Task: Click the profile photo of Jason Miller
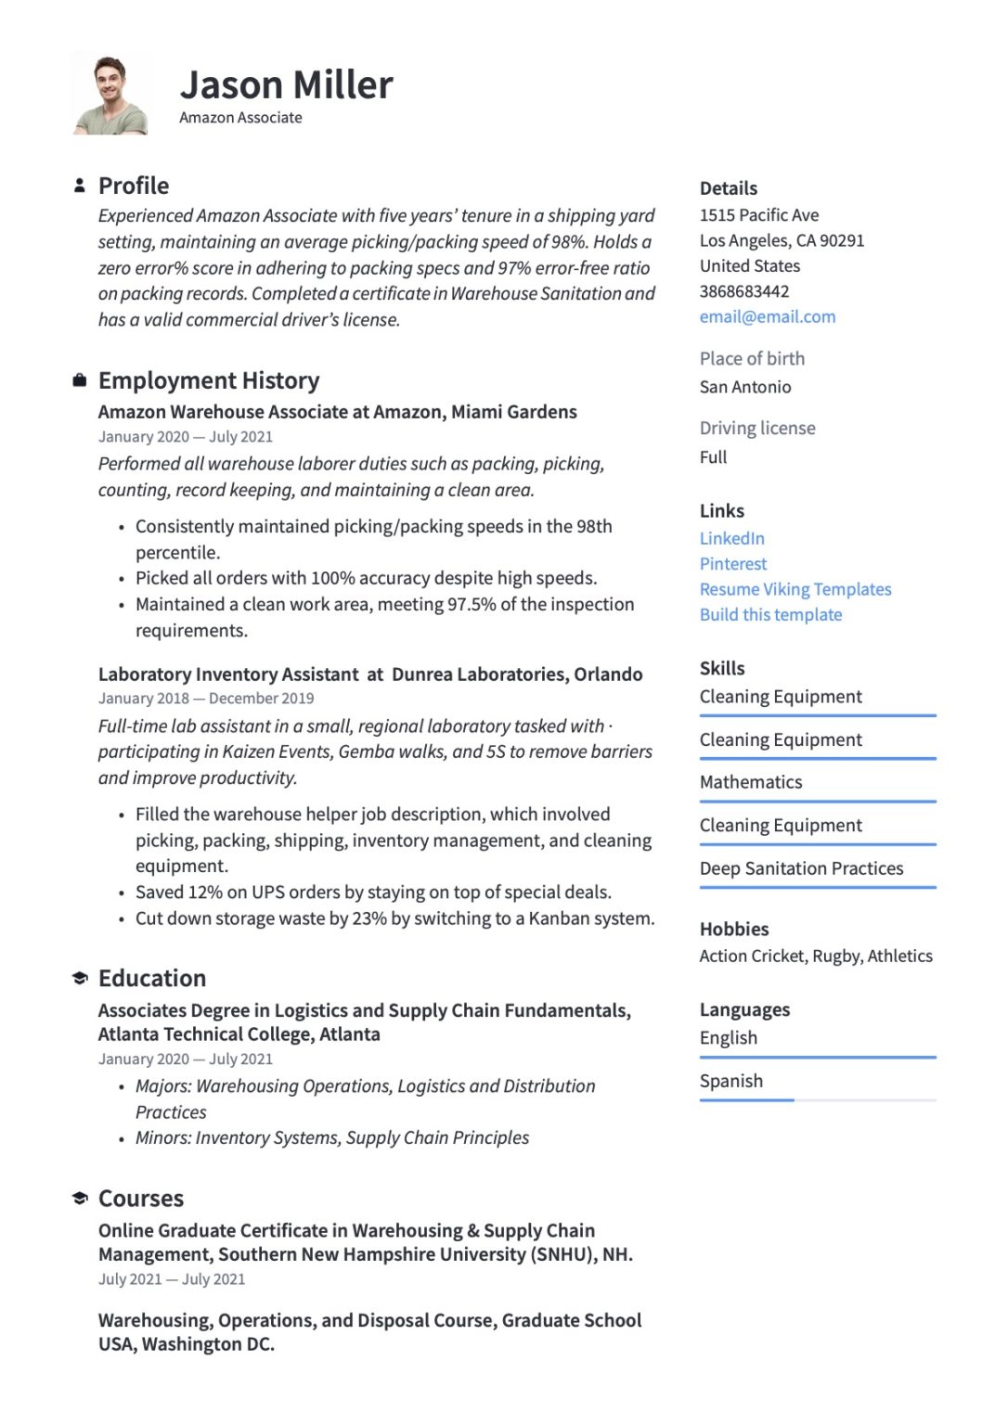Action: tap(110, 95)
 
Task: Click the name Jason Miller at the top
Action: tap(286, 85)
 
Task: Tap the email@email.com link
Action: tap(767, 316)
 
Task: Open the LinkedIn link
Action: tap(731, 538)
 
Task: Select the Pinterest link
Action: tap(732, 563)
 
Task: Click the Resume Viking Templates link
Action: tap(795, 589)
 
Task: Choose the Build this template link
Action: tap(770, 614)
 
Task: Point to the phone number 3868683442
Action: tap(743, 291)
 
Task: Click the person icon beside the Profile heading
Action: tap(80, 186)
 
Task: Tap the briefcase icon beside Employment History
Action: tap(80, 380)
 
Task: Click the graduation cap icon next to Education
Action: tap(80, 979)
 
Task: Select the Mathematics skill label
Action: tap(750, 782)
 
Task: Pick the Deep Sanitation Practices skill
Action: tap(801, 868)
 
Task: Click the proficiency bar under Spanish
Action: tap(817, 1100)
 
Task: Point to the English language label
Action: tap(728, 1037)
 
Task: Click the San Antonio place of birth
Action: tap(744, 387)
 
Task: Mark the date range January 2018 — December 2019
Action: tap(206, 699)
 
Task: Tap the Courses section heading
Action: tap(141, 1199)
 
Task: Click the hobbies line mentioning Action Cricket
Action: tap(815, 956)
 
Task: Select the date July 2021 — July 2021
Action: tap(172, 1279)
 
